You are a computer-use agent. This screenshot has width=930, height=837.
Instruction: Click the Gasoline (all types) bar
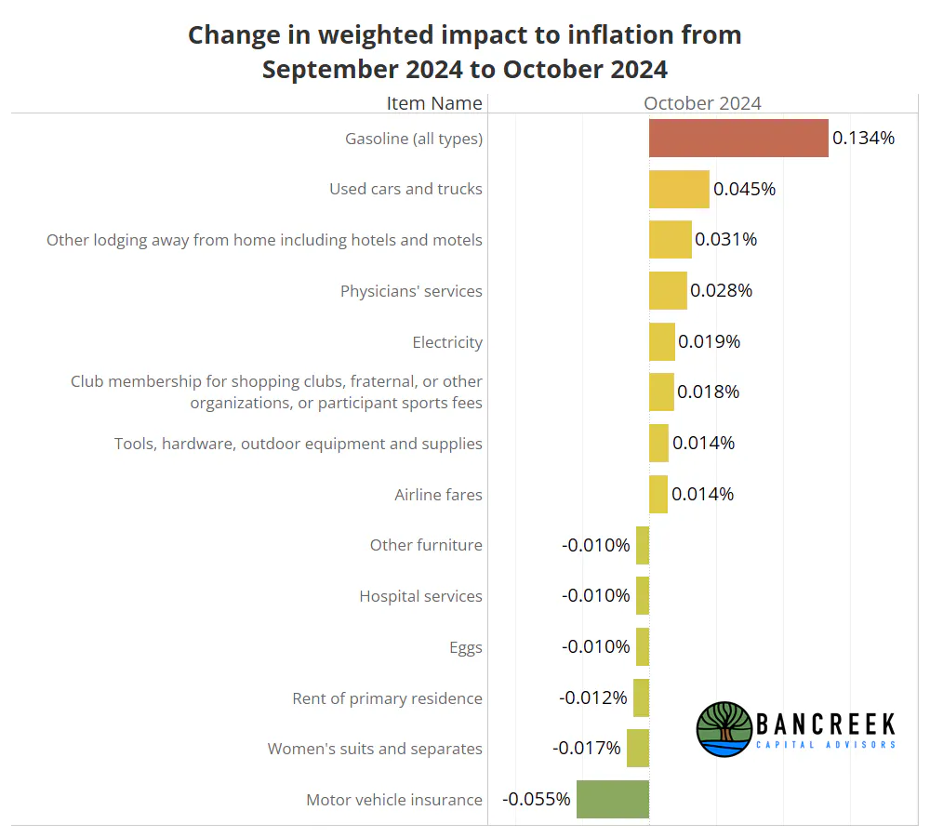click(x=738, y=139)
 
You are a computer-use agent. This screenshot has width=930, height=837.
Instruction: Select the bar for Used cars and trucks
click(x=679, y=189)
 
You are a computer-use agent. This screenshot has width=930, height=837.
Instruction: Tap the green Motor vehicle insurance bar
click(x=613, y=799)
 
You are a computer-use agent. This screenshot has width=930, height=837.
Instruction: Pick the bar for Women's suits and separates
click(x=638, y=748)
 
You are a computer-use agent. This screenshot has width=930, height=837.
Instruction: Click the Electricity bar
click(x=662, y=341)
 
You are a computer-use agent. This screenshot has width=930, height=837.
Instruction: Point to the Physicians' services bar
click(x=668, y=291)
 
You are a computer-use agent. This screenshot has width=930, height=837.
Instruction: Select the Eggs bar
click(x=643, y=646)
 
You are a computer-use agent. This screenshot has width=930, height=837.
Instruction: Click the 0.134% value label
click(x=863, y=139)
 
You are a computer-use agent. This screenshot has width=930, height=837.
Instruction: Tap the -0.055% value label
click(x=537, y=799)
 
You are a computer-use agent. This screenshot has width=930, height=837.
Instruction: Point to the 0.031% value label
click(x=726, y=240)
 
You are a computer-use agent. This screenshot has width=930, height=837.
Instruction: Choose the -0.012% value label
click(x=593, y=697)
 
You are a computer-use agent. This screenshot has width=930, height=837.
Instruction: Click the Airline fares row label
click(x=438, y=495)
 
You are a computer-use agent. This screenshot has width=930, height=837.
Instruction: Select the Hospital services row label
click(x=420, y=596)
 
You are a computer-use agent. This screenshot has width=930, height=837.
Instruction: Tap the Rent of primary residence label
click(x=387, y=698)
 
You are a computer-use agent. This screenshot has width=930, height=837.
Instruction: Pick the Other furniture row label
click(x=426, y=545)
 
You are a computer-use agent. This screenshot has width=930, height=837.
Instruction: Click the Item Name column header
click(x=434, y=103)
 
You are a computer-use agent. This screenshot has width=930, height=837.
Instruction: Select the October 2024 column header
click(x=702, y=103)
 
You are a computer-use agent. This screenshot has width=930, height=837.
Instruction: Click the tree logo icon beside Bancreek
click(x=724, y=729)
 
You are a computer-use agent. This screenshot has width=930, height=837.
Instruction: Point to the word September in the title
click(x=330, y=70)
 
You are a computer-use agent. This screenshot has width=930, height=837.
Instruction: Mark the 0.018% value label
click(x=708, y=392)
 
